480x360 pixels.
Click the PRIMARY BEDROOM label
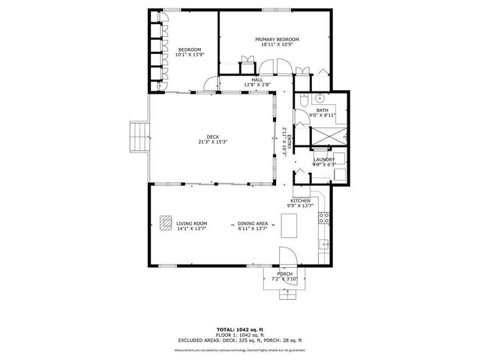[x=277, y=39]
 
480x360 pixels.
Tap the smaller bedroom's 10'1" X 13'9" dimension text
[x=188, y=55]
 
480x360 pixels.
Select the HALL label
[x=256, y=79]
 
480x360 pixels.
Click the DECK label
[x=213, y=136]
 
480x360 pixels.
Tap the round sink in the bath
[x=319, y=98]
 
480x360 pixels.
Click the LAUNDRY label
[x=324, y=159]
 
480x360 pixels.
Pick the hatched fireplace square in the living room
[x=165, y=223]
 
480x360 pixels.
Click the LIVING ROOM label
[x=191, y=223]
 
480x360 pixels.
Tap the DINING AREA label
[x=253, y=223]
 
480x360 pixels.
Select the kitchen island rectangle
[x=289, y=224]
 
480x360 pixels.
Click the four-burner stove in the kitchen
[x=325, y=219]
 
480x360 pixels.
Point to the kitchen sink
[x=325, y=244]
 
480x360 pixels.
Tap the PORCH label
[x=285, y=274]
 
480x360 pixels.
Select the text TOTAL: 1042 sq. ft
[x=240, y=329]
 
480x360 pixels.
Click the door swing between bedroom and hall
[x=211, y=86]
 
